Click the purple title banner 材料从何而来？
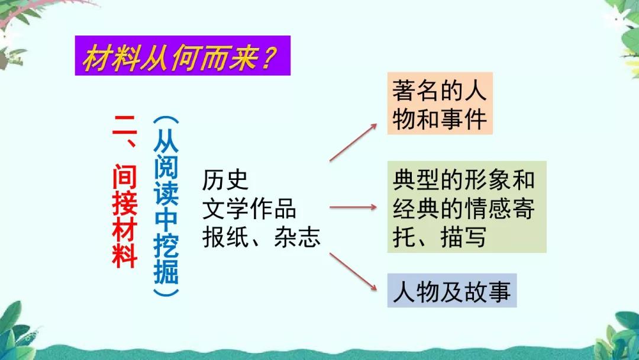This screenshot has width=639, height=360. (182, 56)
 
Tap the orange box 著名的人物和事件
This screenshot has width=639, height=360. (440, 104)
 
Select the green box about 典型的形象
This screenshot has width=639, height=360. (466, 207)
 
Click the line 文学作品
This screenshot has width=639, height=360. (249, 208)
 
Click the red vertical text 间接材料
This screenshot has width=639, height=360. (125, 216)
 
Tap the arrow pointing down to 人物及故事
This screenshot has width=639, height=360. (353, 271)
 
